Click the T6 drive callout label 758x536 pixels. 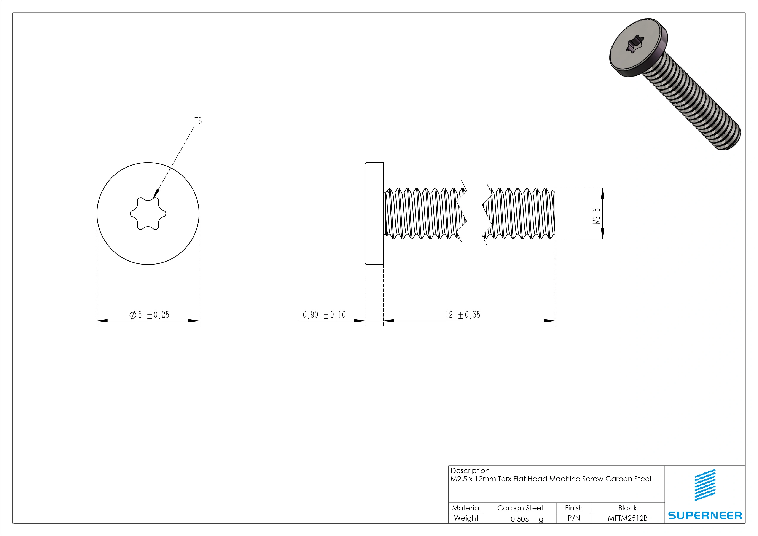click(x=198, y=121)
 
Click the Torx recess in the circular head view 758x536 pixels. click(x=148, y=214)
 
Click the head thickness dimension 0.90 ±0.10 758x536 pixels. click(x=324, y=315)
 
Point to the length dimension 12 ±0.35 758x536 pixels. click(x=463, y=315)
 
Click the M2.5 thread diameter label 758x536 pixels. click(x=596, y=216)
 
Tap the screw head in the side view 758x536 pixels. click(x=374, y=213)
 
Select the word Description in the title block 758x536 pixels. click(x=470, y=471)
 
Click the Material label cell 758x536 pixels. click(x=466, y=508)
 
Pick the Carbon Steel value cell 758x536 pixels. click(x=520, y=508)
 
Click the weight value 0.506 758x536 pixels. click(x=520, y=519)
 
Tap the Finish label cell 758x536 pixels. click(x=573, y=508)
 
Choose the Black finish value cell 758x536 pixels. click(x=627, y=508)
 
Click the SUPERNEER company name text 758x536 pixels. click(x=705, y=515)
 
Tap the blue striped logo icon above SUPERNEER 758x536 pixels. click(x=705, y=485)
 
